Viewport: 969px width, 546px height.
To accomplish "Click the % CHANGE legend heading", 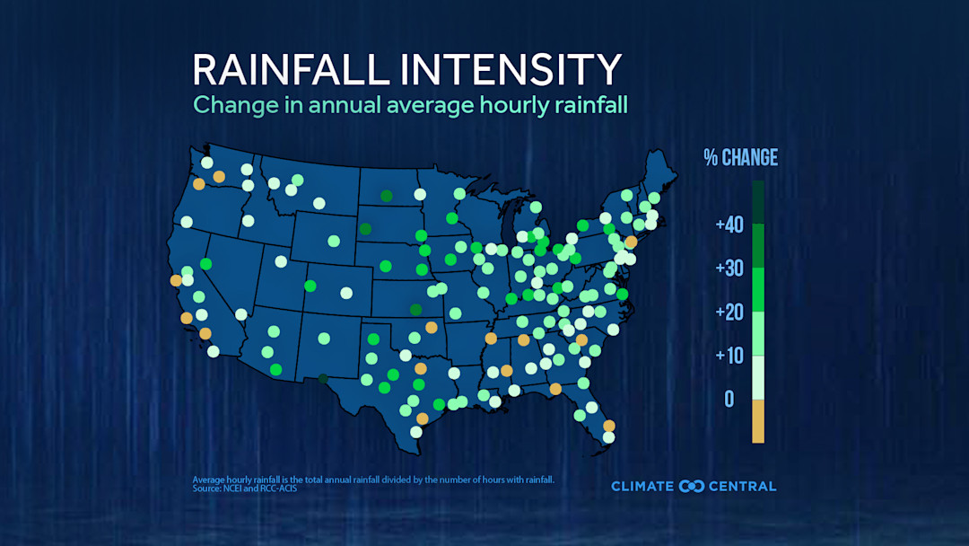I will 740,158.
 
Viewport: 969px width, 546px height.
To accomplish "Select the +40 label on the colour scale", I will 729,225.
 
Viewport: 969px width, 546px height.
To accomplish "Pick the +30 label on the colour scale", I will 729,269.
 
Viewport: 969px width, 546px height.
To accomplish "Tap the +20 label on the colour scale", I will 729,313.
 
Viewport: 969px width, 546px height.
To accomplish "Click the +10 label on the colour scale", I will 729,356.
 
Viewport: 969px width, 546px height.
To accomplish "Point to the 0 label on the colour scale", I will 729,399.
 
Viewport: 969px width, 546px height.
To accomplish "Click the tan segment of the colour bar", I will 758,421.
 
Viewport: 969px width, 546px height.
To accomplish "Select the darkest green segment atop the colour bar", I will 758,202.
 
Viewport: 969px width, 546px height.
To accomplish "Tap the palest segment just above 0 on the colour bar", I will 758,377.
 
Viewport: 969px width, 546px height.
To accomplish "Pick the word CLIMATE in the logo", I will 642,487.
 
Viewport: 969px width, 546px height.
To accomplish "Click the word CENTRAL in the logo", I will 742,487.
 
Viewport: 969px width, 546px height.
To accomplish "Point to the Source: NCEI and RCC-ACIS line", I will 244,489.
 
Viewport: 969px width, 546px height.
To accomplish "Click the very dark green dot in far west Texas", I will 323,379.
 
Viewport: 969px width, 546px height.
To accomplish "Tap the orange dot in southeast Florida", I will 608,426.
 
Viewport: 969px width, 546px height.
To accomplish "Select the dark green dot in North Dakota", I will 386,196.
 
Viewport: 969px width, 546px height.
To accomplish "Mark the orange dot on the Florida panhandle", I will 556,389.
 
